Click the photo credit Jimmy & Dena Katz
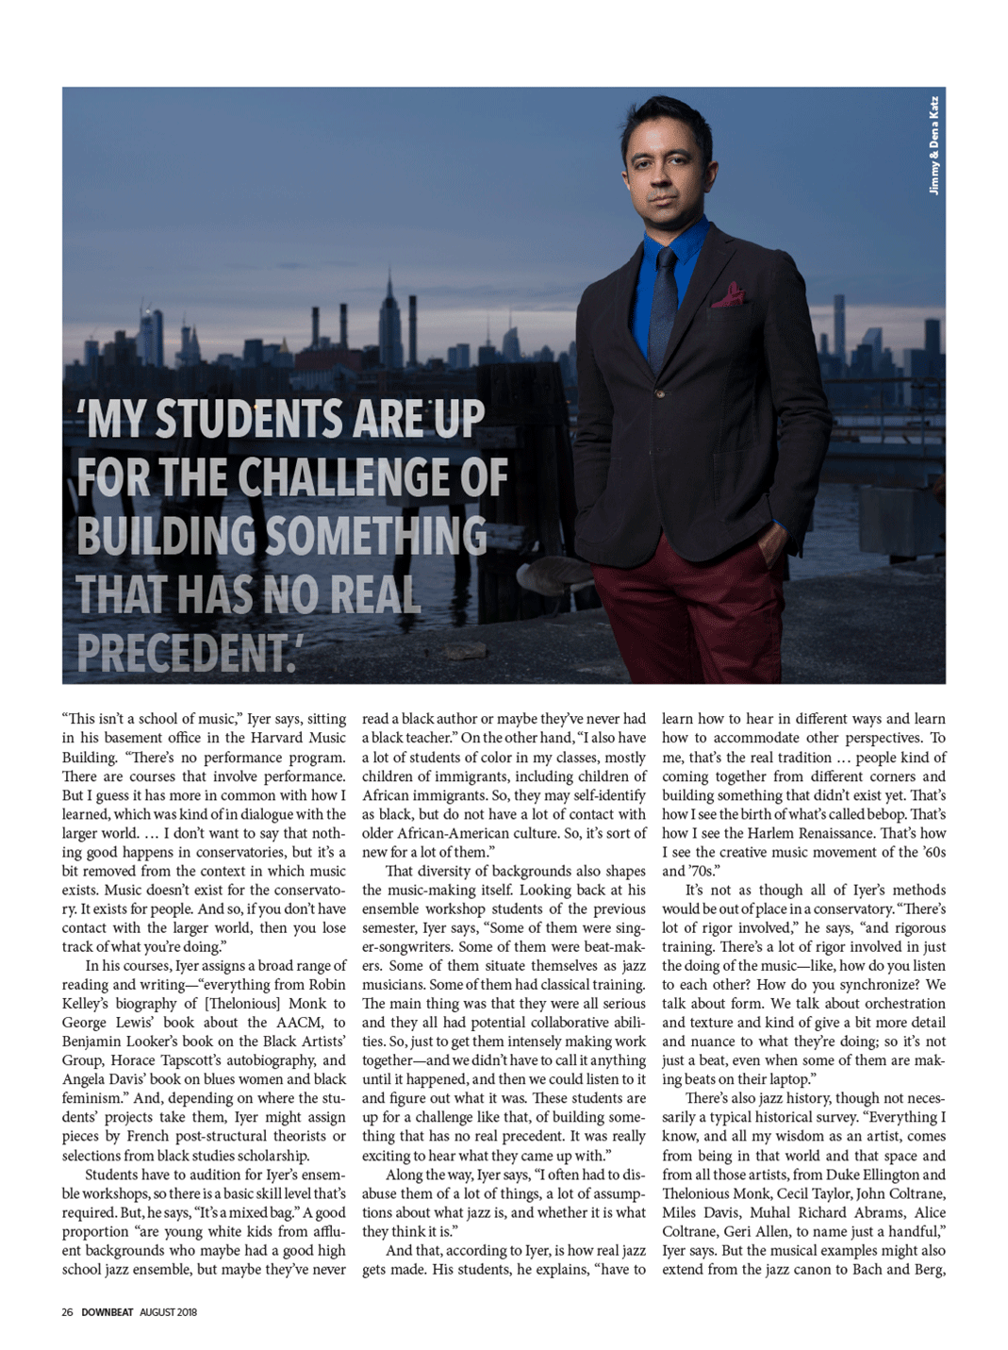click(x=934, y=145)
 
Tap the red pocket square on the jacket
click(x=728, y=296)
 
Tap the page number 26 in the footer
click(x=67, y=1312)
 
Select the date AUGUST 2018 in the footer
click(x=169, y=1312)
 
